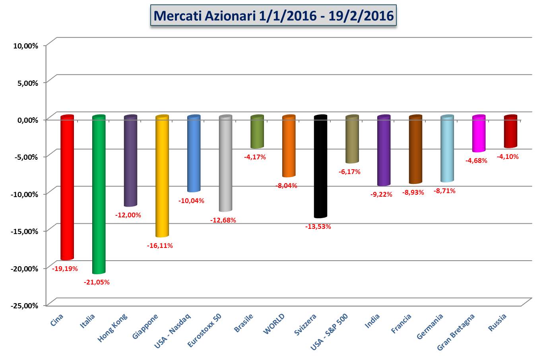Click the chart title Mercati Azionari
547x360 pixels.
click(273, 15)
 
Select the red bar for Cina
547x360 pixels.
click(67, 187)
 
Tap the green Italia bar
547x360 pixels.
click(99, 195)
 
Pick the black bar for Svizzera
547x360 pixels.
click(320, 167)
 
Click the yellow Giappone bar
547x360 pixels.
click(162, 177)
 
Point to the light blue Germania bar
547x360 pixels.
click(447, 149)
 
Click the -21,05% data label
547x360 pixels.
click(97, 282)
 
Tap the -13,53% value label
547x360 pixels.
click(318, 226)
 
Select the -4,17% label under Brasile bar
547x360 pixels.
click(255, 157)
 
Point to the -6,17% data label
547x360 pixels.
click(349, 172)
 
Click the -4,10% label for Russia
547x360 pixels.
click(508, 157)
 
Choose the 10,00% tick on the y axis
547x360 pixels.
click(26, 46)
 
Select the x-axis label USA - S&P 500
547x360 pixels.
click(330, 332)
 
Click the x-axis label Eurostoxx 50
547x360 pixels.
click(205, 331)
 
